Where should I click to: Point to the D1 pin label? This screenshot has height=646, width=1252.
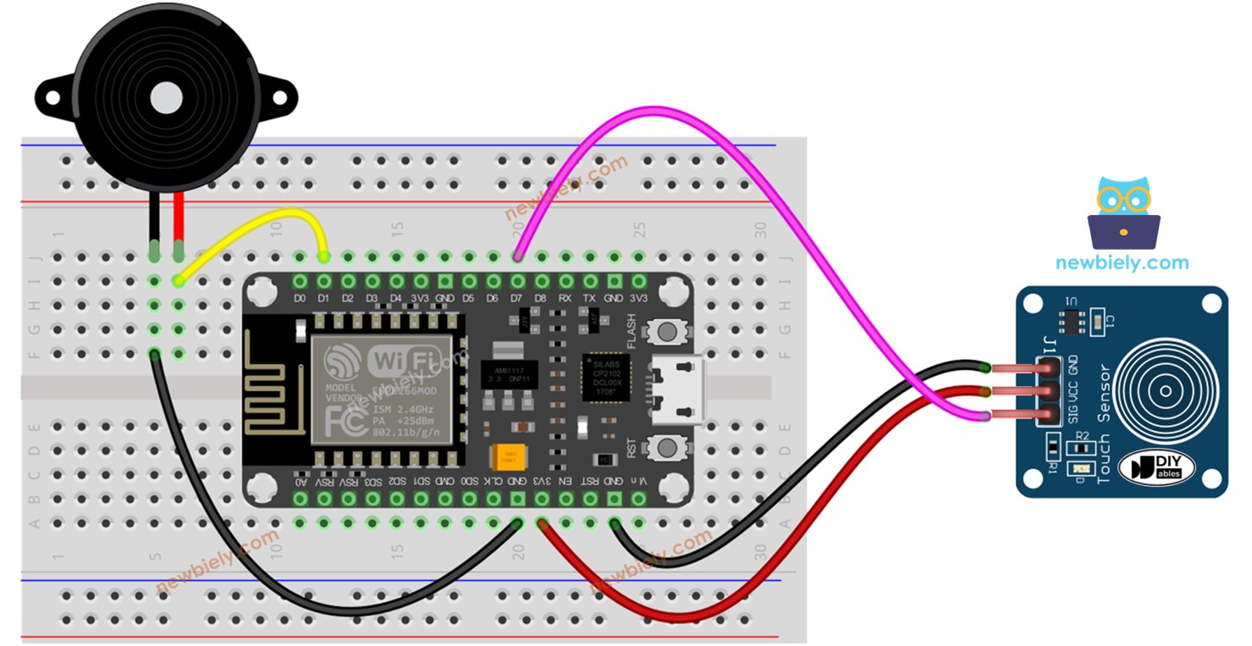click(323, 299)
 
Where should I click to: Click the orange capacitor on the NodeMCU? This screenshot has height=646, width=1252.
click(508, 457)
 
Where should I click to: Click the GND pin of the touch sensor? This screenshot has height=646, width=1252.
click(1048, 367)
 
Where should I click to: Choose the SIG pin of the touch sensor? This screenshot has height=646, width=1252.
click(1048, 415)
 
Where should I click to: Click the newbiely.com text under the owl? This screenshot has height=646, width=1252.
click(1122, 263)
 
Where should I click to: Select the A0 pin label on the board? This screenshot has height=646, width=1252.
click(300, 481)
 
